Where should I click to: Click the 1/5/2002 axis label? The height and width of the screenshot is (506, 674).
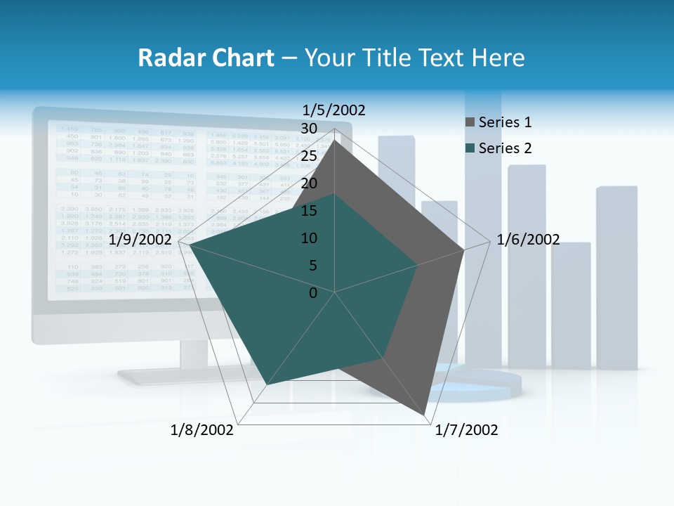333,110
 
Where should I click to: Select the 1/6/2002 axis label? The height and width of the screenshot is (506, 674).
528,240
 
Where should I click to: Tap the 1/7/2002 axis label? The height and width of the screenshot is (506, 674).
466,430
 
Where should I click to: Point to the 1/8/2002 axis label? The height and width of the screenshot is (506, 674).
202,430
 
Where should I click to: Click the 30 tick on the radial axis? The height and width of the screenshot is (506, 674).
309,129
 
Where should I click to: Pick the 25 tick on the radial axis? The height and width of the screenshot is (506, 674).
309,156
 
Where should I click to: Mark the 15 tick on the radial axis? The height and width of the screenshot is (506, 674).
309,211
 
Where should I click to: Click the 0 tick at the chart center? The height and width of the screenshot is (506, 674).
313,293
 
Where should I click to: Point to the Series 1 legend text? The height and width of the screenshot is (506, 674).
505,122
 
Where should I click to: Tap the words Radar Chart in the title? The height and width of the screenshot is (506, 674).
206,58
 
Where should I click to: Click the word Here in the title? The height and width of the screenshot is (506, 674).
498,58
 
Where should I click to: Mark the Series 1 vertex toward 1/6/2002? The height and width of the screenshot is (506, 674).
463,249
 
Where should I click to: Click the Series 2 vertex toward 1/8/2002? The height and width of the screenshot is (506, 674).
267,384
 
